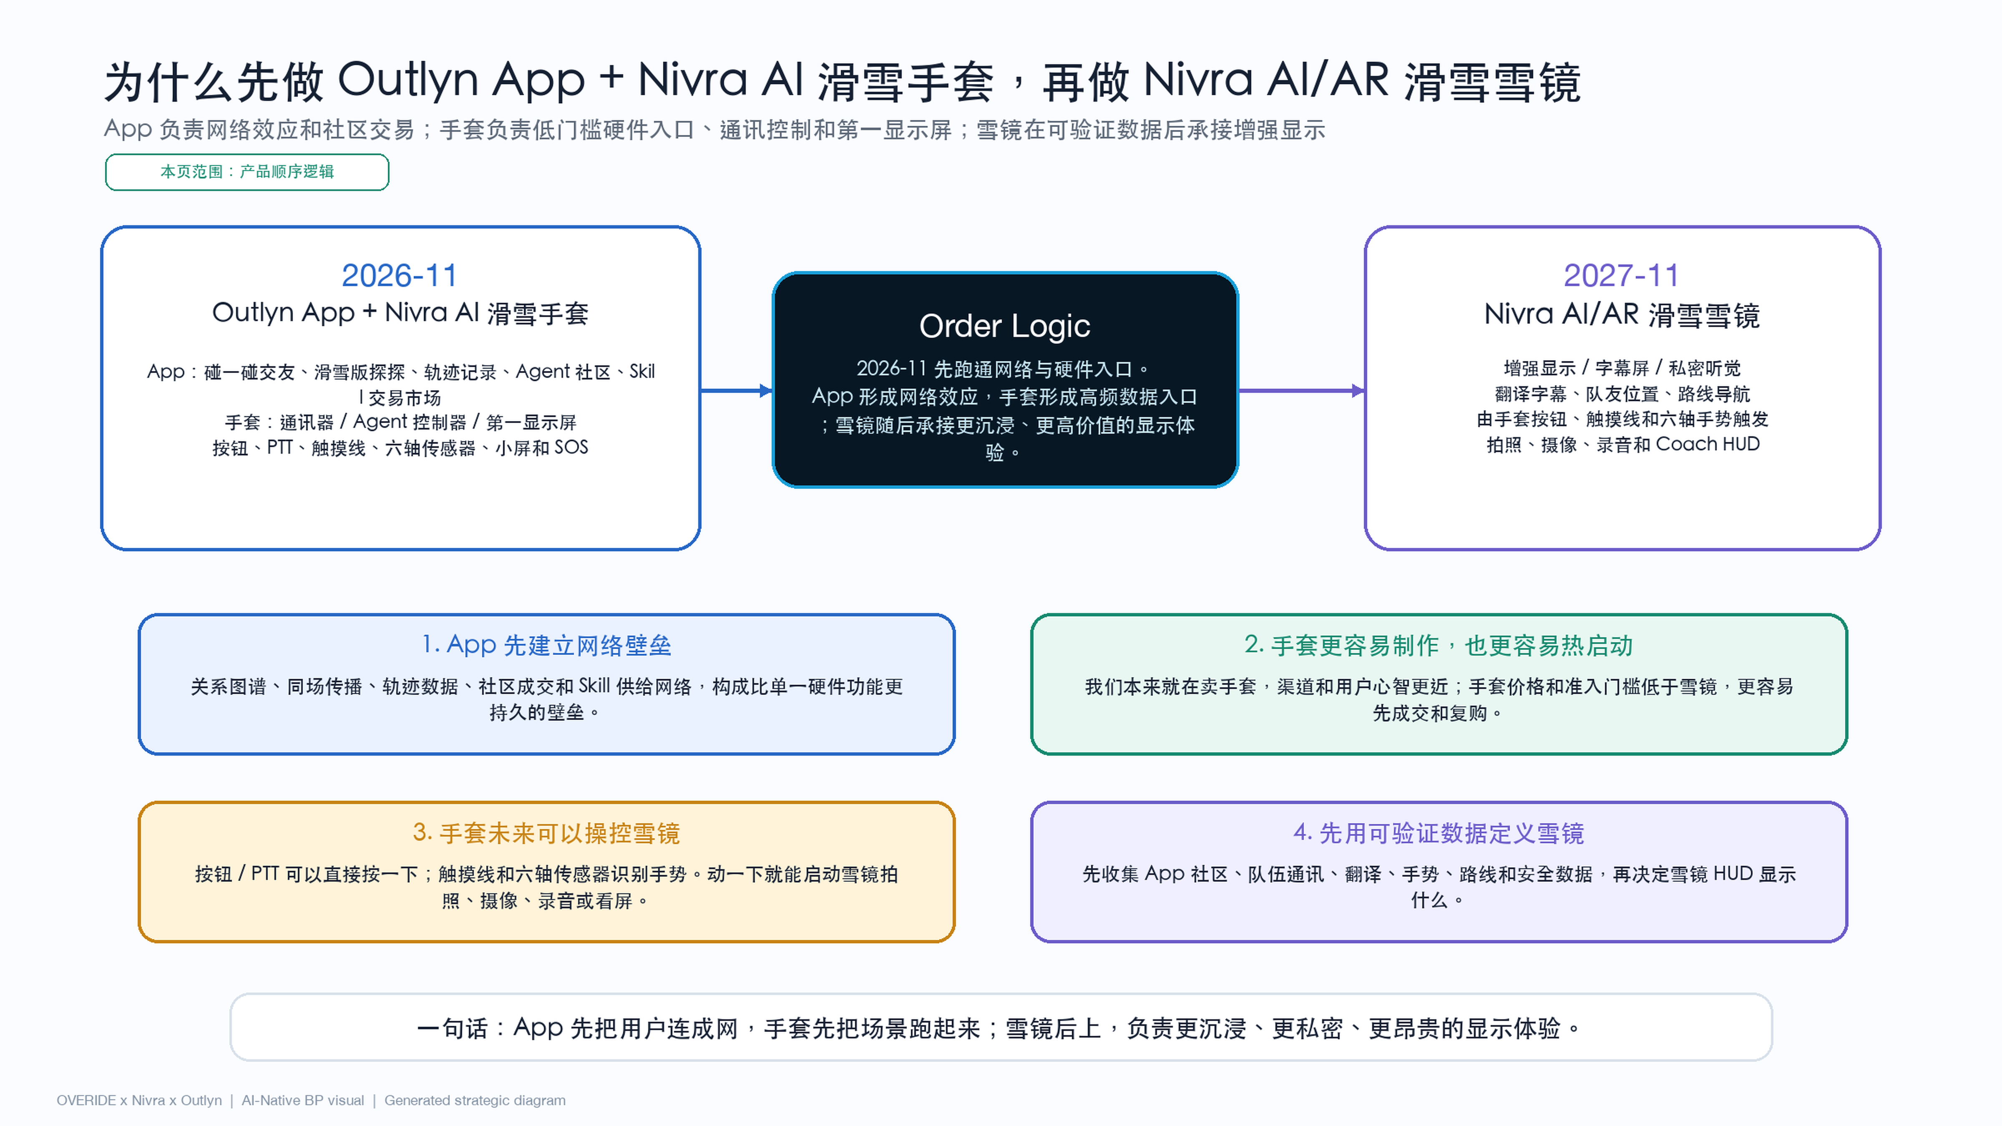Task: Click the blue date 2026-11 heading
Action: click(x=400, y=275)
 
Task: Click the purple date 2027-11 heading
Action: click(x=1621, y=275)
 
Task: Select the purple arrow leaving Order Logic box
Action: click(x=1302, y=390)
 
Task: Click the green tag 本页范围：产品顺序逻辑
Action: click(x=247, y=172)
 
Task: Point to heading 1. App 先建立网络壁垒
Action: click(x=546, y=645)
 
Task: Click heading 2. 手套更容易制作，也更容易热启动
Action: click(x=1439, y=645)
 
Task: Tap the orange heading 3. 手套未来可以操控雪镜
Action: click(x=546, y=833)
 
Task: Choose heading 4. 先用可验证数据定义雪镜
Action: click(x=1439, y=833)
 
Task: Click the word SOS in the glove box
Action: click(x=571, y=447)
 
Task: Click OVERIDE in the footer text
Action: click(x=86, y=1101)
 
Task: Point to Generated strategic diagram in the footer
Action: click(x=475, y=1101)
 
